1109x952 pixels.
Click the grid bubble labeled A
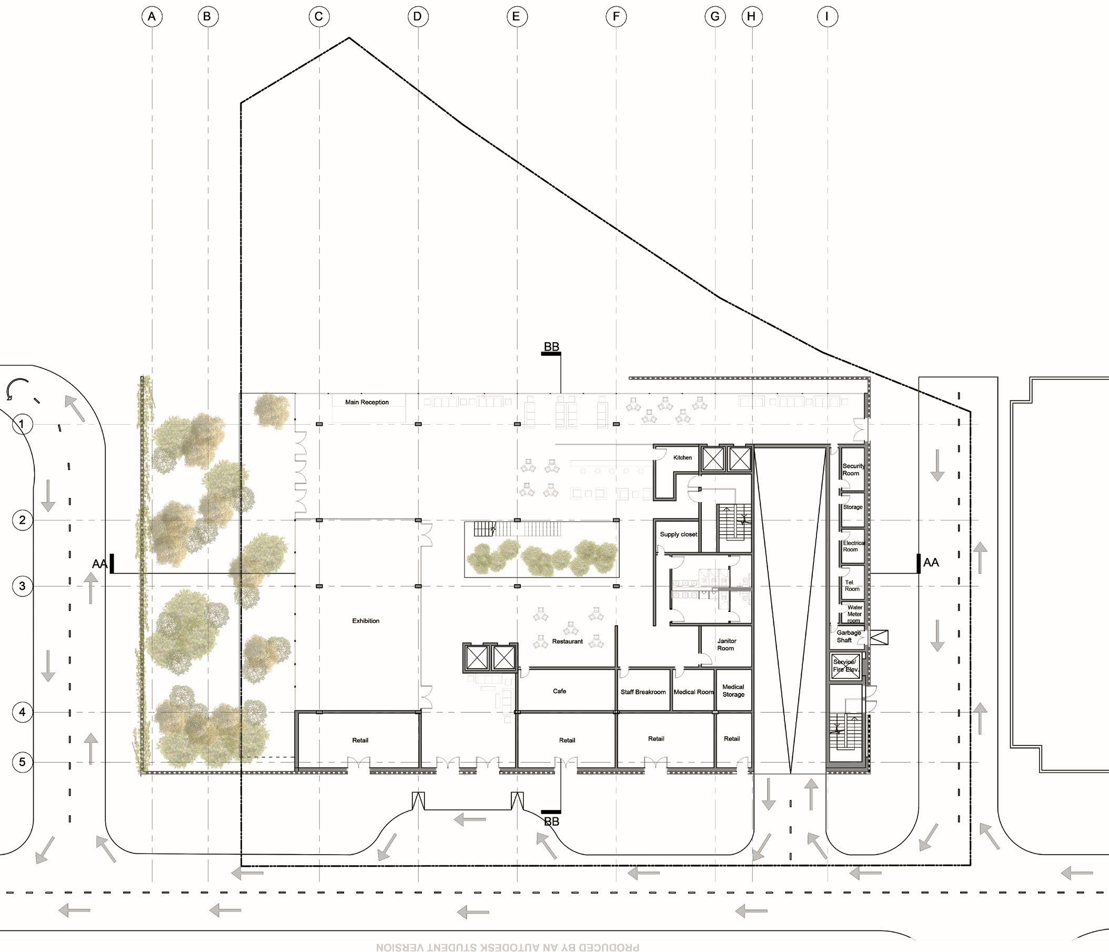coord(152,17)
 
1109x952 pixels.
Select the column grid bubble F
coord(616,17)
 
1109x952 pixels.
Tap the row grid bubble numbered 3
coord(22,586)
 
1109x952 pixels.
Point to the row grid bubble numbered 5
coord(22,762)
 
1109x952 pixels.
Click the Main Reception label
coord(367,402)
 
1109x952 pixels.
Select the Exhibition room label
coord(366,621)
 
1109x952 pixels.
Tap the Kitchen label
coord(682,458)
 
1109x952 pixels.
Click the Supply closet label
coord(678,534)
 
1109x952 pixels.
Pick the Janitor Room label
coord(726,645)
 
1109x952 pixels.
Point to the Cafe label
coord(559,692)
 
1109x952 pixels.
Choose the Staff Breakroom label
coord(643,693)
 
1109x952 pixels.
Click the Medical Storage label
coord(733,690)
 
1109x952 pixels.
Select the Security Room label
coord(853,469)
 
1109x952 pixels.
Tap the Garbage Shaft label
coord(849,637)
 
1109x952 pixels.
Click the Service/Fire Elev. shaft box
coord(845,667)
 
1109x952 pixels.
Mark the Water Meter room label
coord(854,614)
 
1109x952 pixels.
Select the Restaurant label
coord(567,642)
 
